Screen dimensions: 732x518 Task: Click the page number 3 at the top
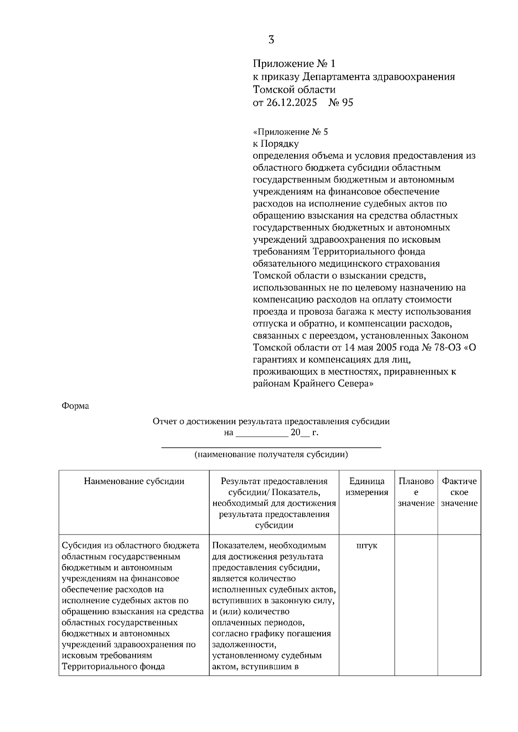point(271,40)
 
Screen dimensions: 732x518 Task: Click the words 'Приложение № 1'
point(294,64)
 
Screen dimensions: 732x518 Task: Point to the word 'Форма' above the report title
point(75,406)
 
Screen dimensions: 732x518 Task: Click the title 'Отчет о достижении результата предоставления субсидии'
point(271,422)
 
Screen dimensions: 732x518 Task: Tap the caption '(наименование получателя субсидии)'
point(271,454)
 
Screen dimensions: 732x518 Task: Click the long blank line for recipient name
point(271,447)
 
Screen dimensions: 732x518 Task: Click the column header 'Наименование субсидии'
point(134,482)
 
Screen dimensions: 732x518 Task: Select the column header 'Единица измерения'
point(367,487)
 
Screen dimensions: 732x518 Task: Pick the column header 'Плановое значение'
point(416,492)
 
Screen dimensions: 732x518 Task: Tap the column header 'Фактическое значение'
point(459,492)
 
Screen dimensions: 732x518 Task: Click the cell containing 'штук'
point(367,546)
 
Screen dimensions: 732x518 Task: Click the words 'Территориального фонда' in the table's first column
point(113,666)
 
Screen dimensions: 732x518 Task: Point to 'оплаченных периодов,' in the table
point(258,623)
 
